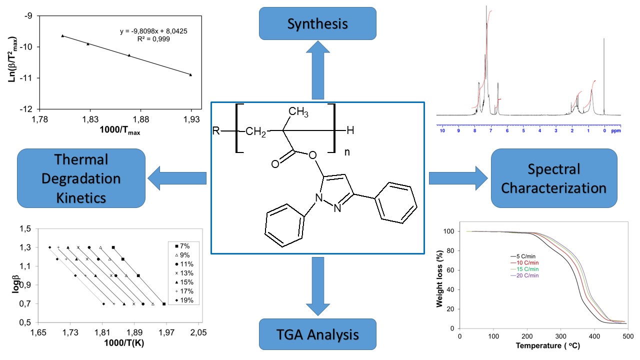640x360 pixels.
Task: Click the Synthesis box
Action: pos(317,23)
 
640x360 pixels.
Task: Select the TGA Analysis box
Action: pos(317,334)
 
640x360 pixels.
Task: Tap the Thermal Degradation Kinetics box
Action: pos(81,178)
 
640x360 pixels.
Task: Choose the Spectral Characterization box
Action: pos(554,178)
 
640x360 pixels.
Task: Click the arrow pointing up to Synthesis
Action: pos(317,69)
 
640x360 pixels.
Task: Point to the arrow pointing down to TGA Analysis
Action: pos(317,285)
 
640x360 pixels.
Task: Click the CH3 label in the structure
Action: pos(298,112)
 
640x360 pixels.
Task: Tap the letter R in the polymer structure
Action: pos(215,131)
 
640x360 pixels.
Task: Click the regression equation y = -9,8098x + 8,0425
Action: pos(153,31)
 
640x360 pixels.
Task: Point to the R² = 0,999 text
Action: pos(153,38)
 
